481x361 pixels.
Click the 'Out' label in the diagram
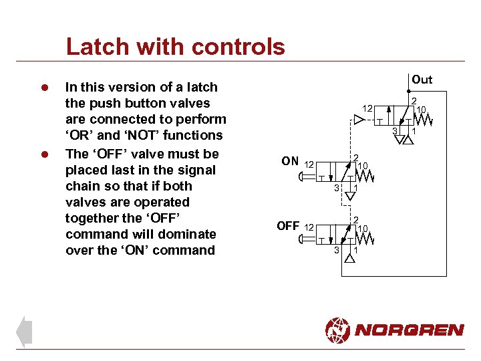pos(422,80)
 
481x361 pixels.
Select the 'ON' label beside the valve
pos(290,161)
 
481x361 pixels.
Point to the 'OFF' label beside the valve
pos(288,225)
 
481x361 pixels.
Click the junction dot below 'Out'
pos(409,92)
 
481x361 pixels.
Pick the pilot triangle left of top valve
pos(359,120)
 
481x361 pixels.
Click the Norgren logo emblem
pos(337,330)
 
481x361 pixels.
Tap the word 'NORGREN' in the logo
pos(409,330)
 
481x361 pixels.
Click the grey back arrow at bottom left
pos(24,332)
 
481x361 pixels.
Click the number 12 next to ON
pos(309,164)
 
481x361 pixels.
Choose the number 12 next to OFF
pos(309,228)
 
